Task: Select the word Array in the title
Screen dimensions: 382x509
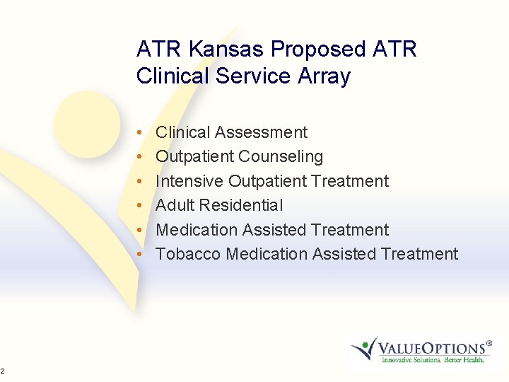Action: tap(325, 76)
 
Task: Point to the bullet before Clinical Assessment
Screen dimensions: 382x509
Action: tap(142, 133)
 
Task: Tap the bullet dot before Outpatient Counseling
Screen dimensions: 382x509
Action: tap(142, 157)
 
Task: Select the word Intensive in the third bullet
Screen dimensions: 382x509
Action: tap(186, 181)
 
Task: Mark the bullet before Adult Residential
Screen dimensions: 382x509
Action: tap(142, 206)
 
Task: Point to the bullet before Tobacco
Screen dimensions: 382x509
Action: tap(142, 255)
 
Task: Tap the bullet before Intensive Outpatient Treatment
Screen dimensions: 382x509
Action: tap(142, 182)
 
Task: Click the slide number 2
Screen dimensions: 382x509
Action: tap(3, 371)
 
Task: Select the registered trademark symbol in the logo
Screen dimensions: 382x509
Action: tap(488, 342)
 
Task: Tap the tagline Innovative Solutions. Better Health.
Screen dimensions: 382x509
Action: tap(433, 360)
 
